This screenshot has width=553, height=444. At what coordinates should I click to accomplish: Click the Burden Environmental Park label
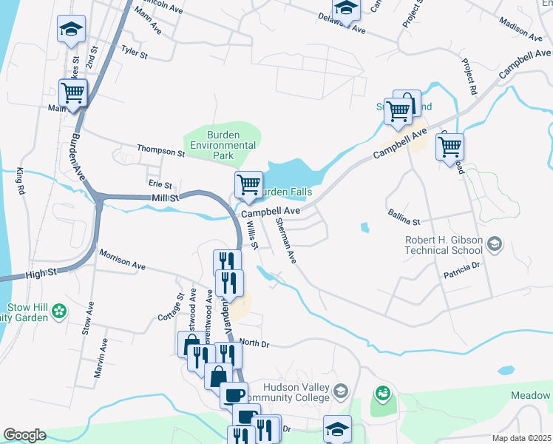pos(222,146)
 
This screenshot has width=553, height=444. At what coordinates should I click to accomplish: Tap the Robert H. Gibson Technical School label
pos(444,245)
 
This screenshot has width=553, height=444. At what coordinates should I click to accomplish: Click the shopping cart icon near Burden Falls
pos(248,184)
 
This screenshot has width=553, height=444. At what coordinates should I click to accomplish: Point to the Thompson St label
pos(160,151)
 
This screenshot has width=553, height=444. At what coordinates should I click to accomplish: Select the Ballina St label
pos(404,217)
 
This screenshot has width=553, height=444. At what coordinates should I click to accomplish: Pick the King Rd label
pos(20,181)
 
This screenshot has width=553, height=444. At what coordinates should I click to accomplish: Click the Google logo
pos(24,435)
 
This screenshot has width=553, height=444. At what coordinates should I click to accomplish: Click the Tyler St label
pos(135,53)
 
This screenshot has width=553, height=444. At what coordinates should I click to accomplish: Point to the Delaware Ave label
pos(342,24)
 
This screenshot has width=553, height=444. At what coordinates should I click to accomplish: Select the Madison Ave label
pos(521,28)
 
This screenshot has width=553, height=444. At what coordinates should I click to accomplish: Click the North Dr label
pos(254,343)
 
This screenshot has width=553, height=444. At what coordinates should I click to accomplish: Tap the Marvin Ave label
pos(101,358)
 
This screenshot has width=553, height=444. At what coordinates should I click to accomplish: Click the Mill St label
pos(165,198)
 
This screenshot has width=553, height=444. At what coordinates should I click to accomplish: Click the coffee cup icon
pos(234,394)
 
